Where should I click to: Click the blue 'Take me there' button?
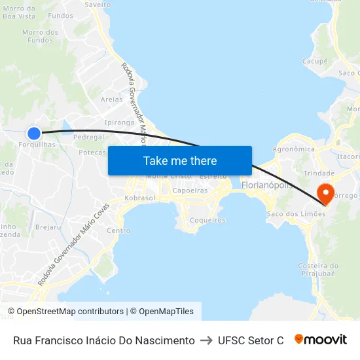tap(180, 160)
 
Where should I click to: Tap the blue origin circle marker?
tap(34, 133)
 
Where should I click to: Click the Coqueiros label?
tap(207, 221)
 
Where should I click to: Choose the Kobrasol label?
tap(140, 198)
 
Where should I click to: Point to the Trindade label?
tap(319, 173)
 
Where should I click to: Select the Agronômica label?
tap(293, 149)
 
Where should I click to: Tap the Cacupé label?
tap(315, 61)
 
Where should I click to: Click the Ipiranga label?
tap(119, 122)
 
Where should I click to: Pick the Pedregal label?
tap(89, 137)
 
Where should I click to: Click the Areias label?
tap(112, 99)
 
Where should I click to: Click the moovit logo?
tap(321, 340)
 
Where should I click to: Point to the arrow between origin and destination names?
tap(206, 340)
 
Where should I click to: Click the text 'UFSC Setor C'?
tap(251, 340)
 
